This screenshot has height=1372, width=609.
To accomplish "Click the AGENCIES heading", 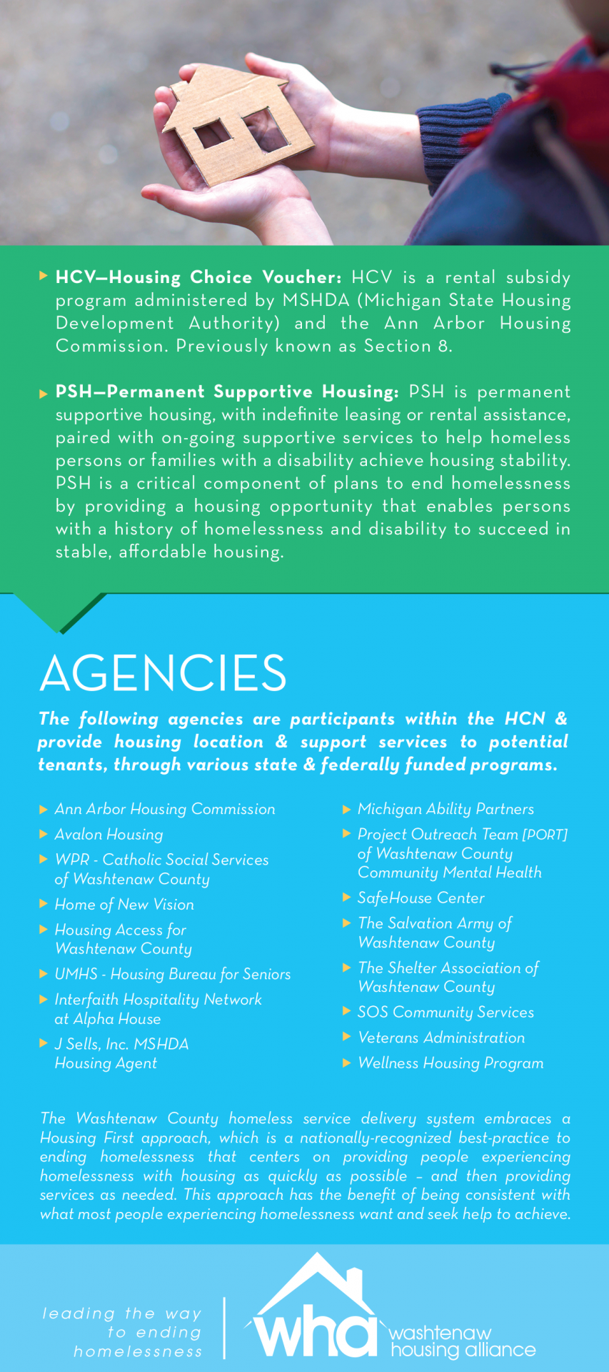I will coord(163,673).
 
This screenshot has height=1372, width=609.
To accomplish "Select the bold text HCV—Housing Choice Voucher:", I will coord(198,277).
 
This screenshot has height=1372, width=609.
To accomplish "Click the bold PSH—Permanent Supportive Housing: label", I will coord(227,392).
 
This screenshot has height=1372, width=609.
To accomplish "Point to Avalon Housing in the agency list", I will coord(109,835).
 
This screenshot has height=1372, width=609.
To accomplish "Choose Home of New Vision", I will coord(124,905).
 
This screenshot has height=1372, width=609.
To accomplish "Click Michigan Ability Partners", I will coord(446,809).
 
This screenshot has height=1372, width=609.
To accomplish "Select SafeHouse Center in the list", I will coord(421,898).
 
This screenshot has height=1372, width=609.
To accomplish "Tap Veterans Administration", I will coord(441,1038).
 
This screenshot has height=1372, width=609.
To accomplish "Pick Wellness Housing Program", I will coord(451,1063).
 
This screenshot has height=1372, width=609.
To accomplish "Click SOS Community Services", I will coord(446,1013).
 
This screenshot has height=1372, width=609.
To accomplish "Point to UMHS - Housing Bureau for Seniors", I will coord(173,975).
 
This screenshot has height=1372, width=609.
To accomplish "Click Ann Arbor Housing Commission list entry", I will coord(165,809).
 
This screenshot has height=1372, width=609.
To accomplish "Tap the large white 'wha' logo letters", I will coord(314,1333).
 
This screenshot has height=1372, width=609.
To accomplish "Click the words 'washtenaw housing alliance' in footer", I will coord(461,1342).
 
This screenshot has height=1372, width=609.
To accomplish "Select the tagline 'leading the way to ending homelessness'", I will coord(123,1333).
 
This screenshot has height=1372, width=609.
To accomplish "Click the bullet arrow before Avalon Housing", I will coord(44,834).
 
